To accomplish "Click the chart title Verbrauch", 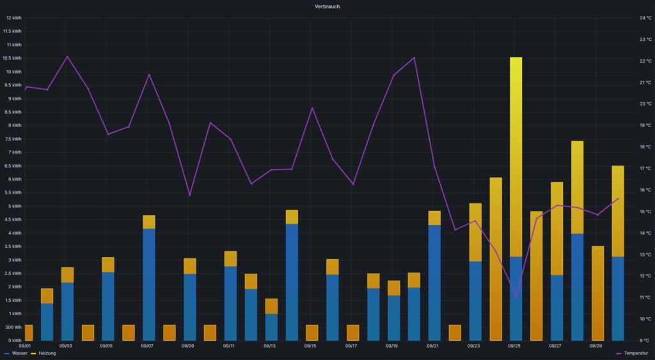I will tap(327, 6).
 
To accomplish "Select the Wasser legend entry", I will tap(19, 353).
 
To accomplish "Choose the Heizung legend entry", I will tap(47, 353).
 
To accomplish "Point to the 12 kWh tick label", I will tap(12, 18).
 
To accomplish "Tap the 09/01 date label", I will tap(26, 346).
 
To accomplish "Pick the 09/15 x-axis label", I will tap(310, 346).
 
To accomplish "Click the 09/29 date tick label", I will tap(596, 346).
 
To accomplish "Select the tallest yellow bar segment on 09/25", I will tap(516, 157).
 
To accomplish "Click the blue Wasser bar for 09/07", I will tap(148, 285).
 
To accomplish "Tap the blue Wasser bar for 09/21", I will tap(434, 283).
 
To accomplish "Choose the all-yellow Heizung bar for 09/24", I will tap(496, 259).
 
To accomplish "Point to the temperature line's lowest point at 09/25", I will tap(516, 297).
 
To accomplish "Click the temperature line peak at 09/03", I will tap(67, 57).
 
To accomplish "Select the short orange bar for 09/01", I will tap(27, 333).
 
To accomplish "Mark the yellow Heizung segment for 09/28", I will tap(577, 187).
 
